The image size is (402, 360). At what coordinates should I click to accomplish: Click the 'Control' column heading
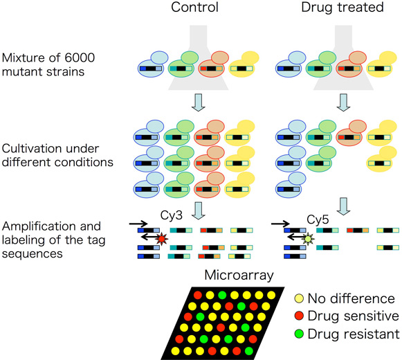(x=194, y=7)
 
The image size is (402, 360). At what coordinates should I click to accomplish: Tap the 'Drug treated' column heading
(x=342, y=7)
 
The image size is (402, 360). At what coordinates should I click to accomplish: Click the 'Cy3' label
(x=172, y=215)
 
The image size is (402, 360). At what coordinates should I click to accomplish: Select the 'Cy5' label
(x=318, y=219)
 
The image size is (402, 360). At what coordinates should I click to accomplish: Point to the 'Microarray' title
(x=239, y=276)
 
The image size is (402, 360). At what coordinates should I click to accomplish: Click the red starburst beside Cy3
(x=161, y=239)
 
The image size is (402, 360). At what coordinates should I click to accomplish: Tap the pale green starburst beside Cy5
(x=308, y=239)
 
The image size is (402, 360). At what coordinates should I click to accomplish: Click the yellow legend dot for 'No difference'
(x=299, y=298)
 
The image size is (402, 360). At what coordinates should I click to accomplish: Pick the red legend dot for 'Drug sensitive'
(x=299, y=316)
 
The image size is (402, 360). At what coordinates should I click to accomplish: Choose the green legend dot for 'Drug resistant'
(x=299, y=334)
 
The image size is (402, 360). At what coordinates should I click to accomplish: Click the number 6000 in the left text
(x=80, y=57)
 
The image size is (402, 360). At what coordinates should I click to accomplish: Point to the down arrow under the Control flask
(x=199, y=102)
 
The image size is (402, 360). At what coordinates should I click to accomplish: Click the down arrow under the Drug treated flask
(x=343, y=102)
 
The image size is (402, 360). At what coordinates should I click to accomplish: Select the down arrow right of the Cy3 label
(x=199, y=210)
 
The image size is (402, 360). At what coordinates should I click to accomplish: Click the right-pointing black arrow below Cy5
(x=280, y=224)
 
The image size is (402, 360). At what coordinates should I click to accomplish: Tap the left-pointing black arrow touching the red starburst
(x=149, y=237)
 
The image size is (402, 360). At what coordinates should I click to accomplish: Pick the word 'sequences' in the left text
(x=33, y=254)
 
